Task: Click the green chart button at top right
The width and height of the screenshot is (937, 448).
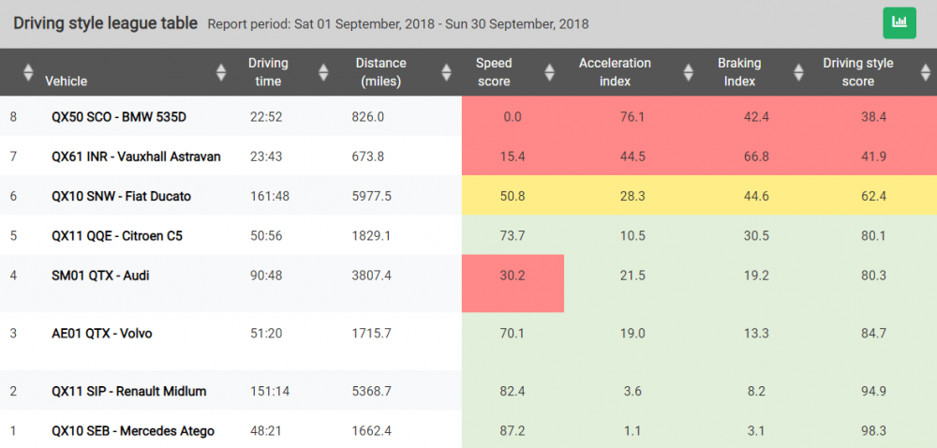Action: [x=900, y=22]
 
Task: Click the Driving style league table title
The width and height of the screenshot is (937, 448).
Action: [x=105, y=23]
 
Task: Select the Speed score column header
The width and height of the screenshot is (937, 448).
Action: [x=494, y=72]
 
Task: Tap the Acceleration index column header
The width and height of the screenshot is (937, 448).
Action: [x=615, y=72]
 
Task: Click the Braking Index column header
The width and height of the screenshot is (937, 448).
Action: [x=739, y=72]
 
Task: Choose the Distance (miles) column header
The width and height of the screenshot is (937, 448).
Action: [x=380, y=72]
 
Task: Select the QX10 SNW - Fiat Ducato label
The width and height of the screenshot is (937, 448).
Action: [x=121, y=196]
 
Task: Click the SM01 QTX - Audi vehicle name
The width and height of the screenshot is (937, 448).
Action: [x=100, y=276]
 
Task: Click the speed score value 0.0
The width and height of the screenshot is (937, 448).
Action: [x=512, y=117]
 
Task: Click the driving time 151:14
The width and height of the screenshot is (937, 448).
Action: [x=269, y=391]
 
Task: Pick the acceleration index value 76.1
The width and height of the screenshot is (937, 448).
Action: [x=632, y=117]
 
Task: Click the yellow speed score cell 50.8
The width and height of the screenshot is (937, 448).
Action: [x=512, y=196]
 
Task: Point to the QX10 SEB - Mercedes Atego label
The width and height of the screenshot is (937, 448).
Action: [x=133, y=431]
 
